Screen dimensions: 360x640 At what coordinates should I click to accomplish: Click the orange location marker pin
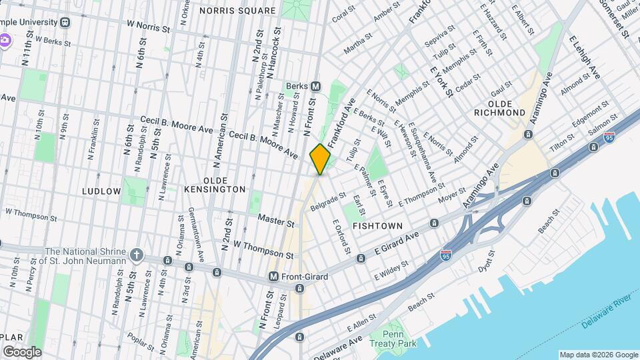(x=321, y=159)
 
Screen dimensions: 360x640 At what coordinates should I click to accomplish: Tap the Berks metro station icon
(x=316, y=86)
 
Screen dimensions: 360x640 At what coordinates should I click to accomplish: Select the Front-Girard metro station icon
(x=273, y=276)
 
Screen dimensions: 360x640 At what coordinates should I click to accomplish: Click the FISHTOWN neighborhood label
(x=377, y=226)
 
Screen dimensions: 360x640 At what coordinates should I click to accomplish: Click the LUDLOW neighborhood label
(x=101, y=191)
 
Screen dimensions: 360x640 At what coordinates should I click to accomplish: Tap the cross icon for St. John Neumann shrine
(x=137, y=254)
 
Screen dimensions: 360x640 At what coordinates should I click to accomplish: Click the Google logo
(x=22, y=351)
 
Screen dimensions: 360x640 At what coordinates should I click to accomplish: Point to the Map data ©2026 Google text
(x=597, y=355)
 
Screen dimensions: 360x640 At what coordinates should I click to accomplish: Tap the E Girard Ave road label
(x=396, y=245)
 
